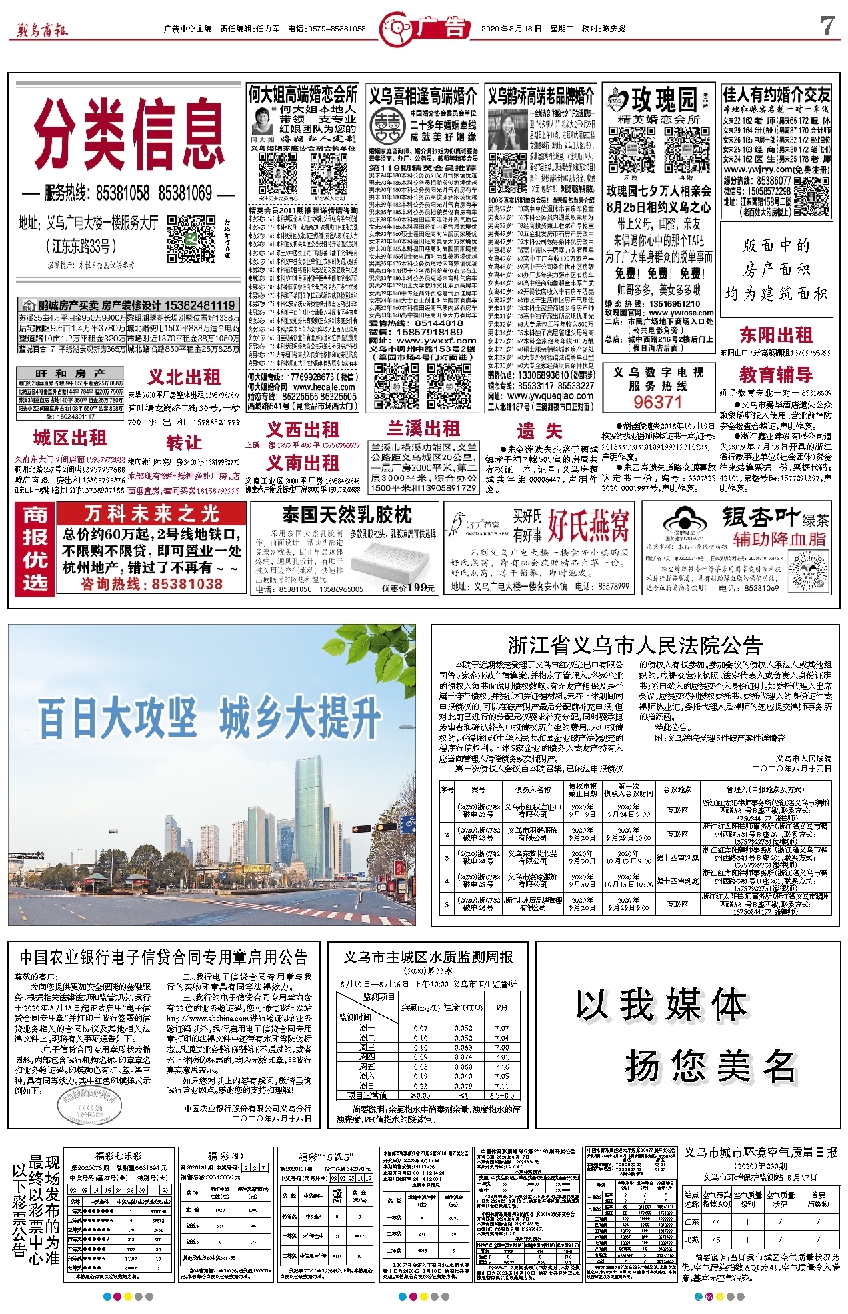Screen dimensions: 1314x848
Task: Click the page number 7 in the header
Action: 827,27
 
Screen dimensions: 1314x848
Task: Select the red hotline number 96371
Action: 657,402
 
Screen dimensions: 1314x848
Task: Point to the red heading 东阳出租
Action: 775,335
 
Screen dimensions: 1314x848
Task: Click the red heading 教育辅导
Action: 775,375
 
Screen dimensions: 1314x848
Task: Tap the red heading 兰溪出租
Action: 423,429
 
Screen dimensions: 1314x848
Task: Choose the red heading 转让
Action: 183,443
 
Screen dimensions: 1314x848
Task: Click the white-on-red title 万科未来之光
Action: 151,514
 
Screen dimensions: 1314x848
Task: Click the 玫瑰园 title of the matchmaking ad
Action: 664,99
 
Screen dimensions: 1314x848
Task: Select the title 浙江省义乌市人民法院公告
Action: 634,645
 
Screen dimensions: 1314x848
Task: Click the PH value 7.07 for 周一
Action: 501,1028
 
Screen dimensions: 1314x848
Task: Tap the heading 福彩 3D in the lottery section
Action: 225,1156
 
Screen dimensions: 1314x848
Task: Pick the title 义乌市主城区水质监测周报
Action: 428,957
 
